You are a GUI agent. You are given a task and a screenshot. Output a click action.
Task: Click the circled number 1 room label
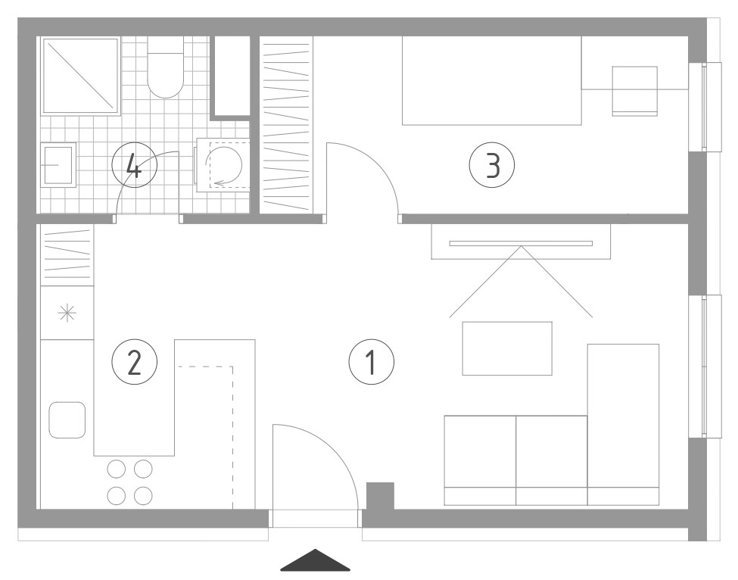pyautogui.click(x=372, y=362)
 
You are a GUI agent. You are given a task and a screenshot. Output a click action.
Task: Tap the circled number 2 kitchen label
pyautogui.click(x=134, y=362)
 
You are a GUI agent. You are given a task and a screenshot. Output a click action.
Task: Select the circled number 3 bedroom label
pyautogui.click(x=492, y=165)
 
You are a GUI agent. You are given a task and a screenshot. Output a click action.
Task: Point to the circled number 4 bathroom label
pyautogui.click(x=134, y=165)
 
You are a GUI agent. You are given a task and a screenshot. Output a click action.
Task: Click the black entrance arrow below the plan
pyautogui.click(x=316, y=560)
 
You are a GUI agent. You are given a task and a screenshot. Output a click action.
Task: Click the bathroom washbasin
pyautogui.click(x=58, y=165)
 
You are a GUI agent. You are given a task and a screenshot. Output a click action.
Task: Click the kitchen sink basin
pyautogui.click(x=67, y=420)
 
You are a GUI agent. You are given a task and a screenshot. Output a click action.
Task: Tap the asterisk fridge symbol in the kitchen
pyautogui.click(x=67, y=313)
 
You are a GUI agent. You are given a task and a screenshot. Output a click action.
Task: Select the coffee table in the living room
pyautogui.click(x=507, y=348)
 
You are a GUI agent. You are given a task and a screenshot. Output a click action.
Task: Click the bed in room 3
pyautogui.click(x=492, y=80)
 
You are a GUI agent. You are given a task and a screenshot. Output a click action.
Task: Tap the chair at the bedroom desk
pyautogui.click(x=634, y=91)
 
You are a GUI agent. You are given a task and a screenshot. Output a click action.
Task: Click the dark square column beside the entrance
pyautogui.click(x=380, y=496)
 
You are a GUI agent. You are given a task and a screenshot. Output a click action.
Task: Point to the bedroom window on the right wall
pyautogui.click(x=705, y=107)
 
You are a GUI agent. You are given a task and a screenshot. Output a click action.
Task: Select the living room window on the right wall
pyautogui.click(x=705, y=366)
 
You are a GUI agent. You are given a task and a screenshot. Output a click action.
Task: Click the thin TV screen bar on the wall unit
pyautogui.click(x=521, y=243)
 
